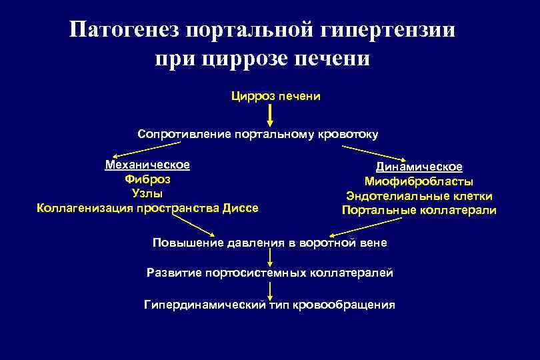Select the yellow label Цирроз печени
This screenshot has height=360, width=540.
(275, 97)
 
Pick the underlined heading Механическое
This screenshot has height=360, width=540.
(147, 165)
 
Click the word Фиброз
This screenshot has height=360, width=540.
(147, 179)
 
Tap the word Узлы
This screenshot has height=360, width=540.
(147, 193)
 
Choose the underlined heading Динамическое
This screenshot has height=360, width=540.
(419, 167)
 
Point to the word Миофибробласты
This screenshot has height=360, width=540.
(419, 181)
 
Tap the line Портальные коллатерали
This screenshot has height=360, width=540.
(419, 211)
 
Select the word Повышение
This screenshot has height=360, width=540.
(183, 243)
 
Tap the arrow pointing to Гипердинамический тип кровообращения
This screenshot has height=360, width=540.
(270, 289)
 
